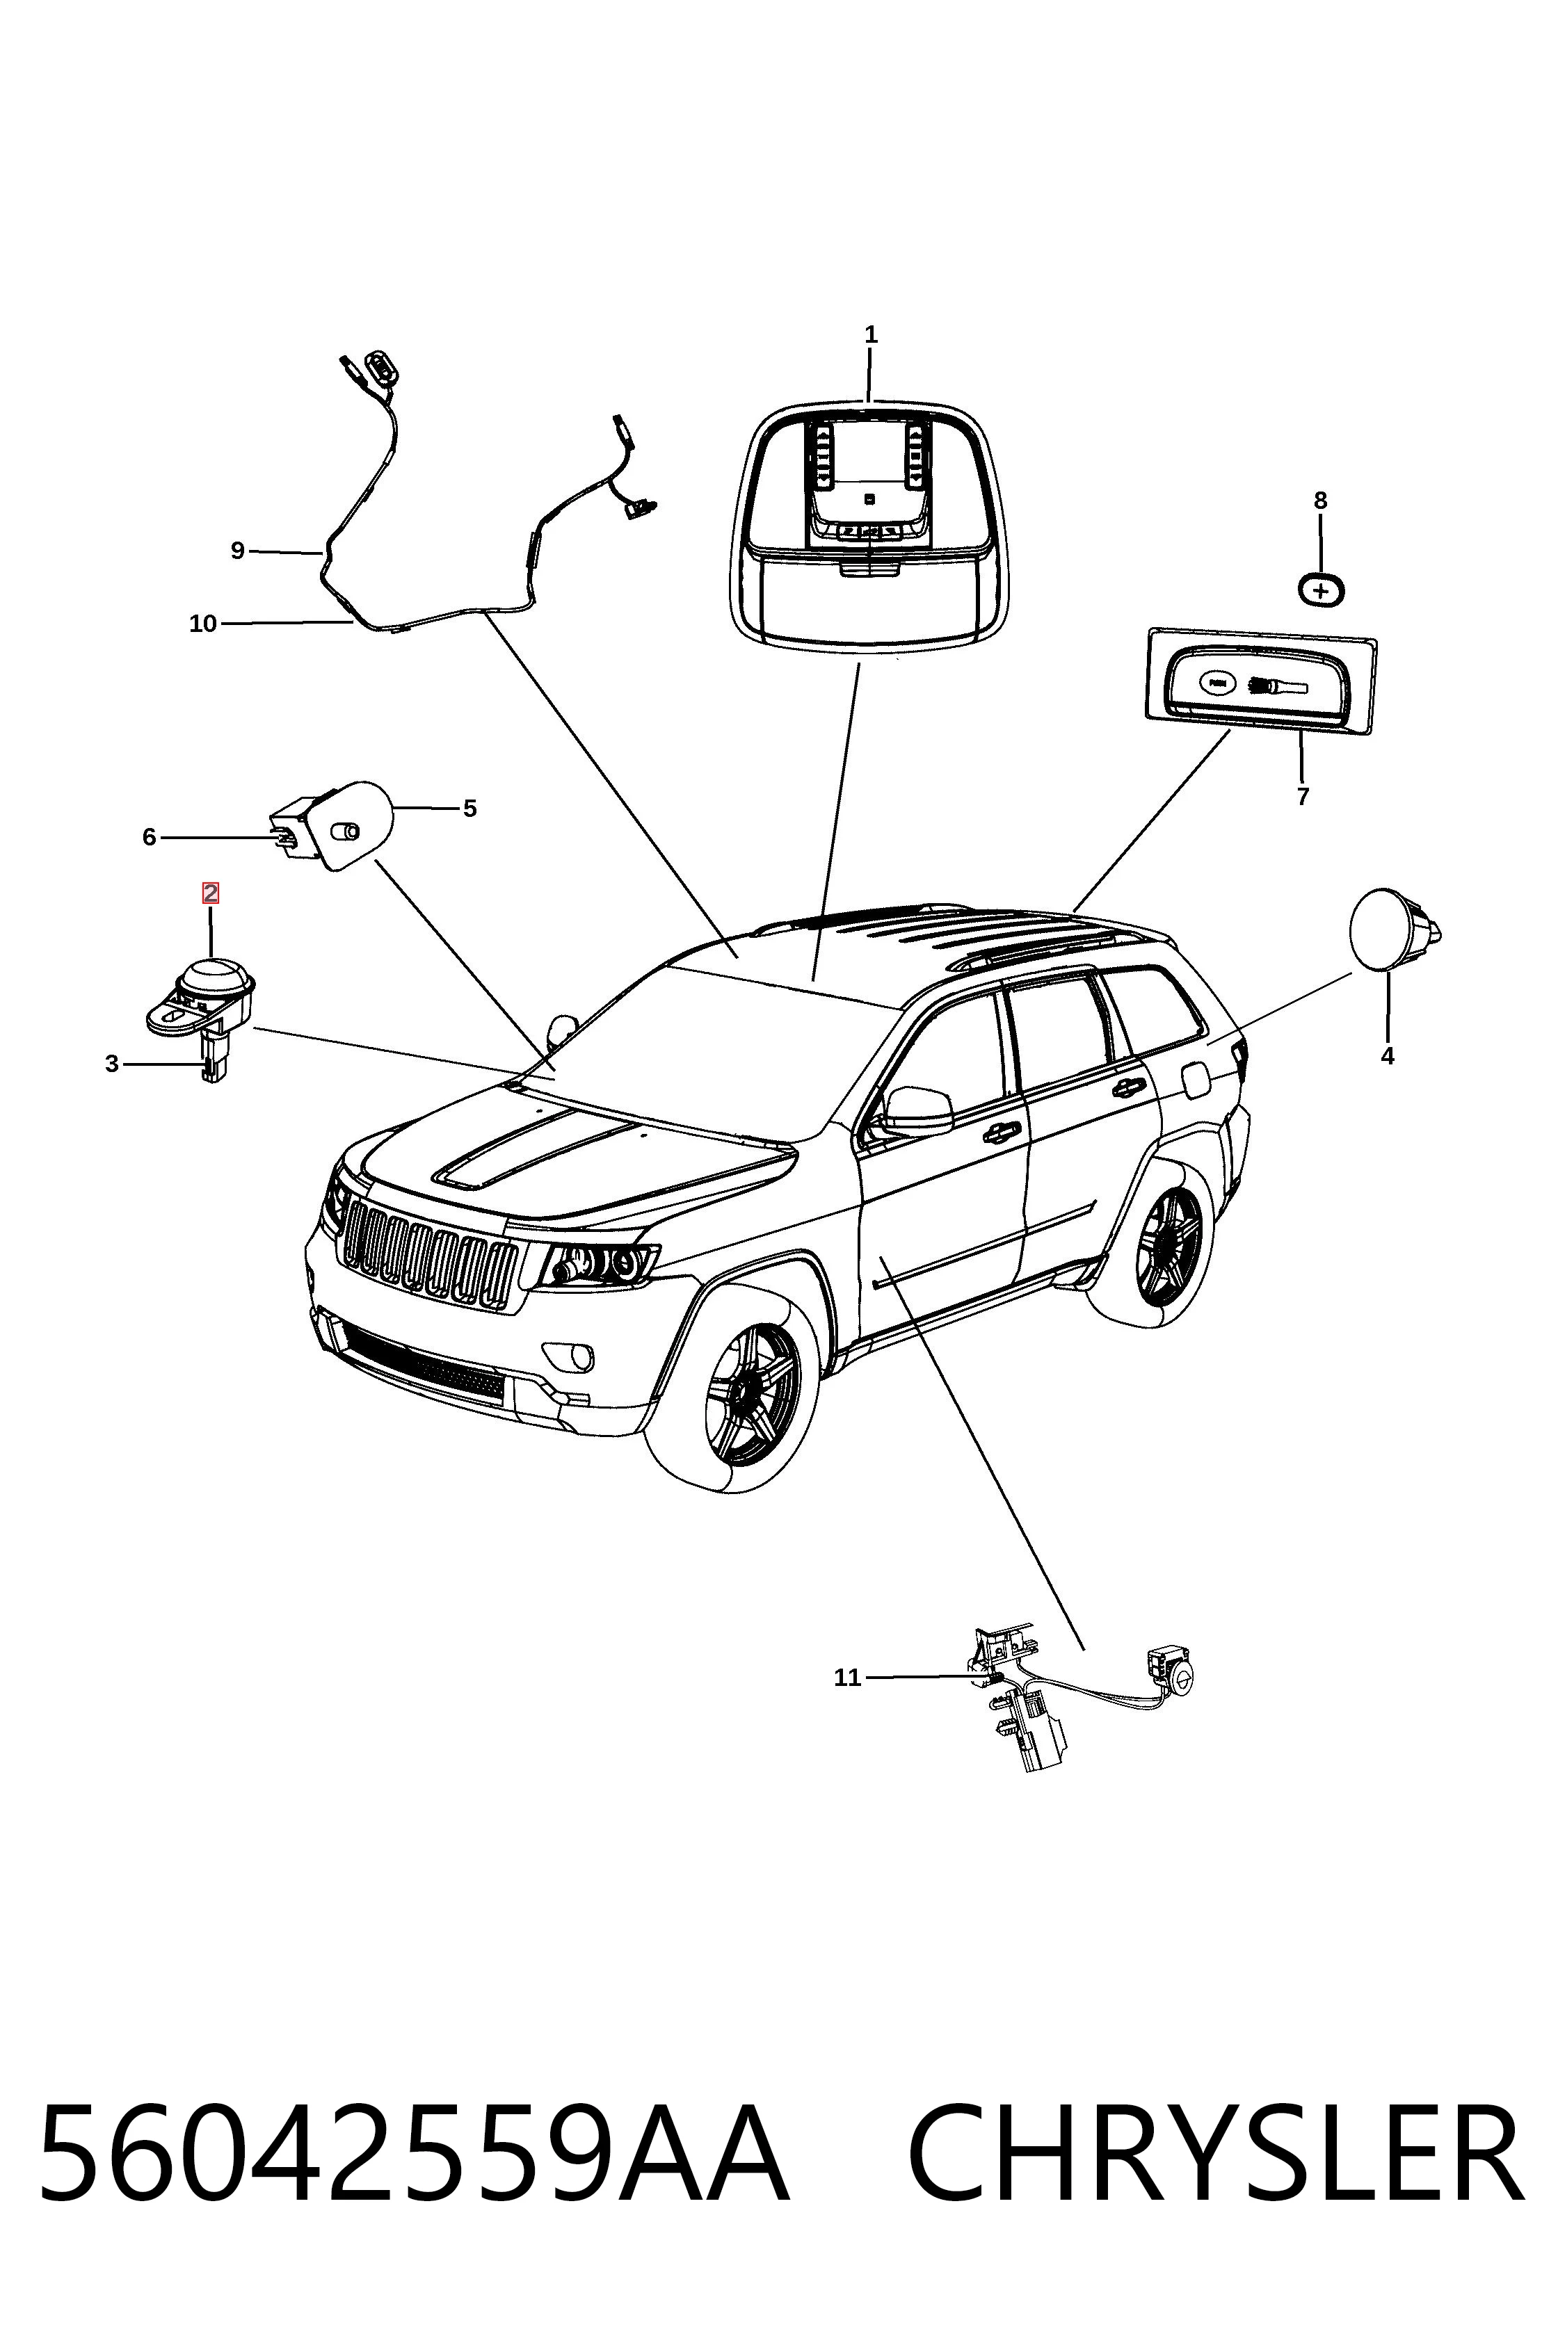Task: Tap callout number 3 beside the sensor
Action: pos(112,1064)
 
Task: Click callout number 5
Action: pos(470,809)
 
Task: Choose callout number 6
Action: pos(149,837)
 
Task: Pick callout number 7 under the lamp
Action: pos(1303,797)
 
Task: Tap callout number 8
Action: pos(1321,501)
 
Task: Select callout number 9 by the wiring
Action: pos(237,550)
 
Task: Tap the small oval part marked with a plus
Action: pos(1322,591)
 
